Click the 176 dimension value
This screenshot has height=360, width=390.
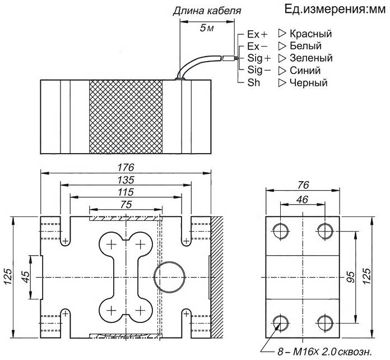[126, 167]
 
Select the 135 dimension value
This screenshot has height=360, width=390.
[126, 180]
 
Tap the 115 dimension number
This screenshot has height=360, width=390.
[126, 192]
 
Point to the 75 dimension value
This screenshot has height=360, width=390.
[126, 205]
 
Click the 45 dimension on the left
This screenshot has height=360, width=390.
[25, 276]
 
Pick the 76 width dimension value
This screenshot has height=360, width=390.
[303, 185]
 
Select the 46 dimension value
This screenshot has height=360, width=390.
[303, 200]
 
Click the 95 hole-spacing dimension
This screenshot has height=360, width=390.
[350, 277]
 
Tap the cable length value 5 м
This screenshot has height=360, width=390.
[207, 28]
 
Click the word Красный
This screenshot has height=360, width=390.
[310, 34]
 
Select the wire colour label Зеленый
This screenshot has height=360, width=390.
[311, 58]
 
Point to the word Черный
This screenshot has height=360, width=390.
[308, 82]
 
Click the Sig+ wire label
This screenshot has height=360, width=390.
[259, 58]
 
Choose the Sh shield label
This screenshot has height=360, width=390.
[253, 82]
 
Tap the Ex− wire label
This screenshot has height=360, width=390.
[257, 46]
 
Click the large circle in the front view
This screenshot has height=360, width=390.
[170, 262]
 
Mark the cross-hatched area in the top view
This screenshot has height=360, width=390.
[126, 117]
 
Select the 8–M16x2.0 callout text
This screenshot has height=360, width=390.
[324, 352]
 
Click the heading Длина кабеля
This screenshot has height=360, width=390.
[207, 11]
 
